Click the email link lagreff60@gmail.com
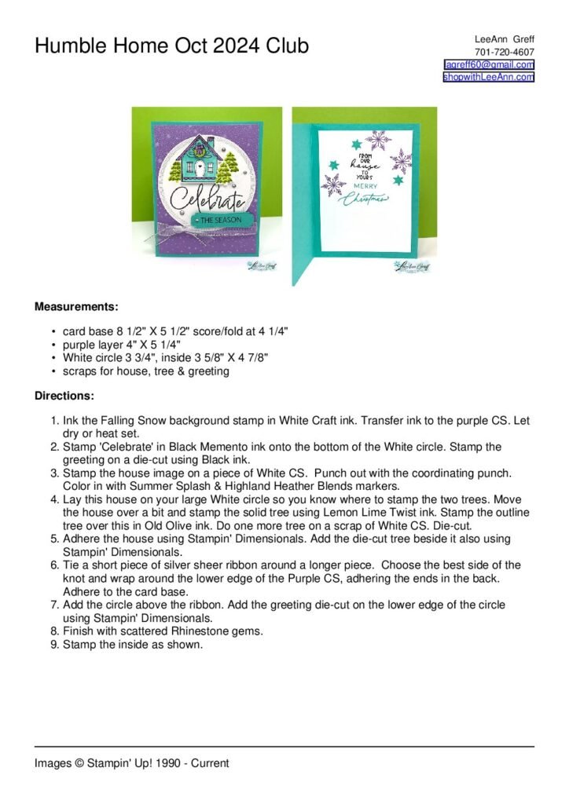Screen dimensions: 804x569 click(489, 64)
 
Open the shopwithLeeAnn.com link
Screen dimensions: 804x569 click(488, 77)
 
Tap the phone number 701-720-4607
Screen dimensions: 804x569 click(504, 52)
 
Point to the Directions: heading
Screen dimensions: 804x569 click(64, 397)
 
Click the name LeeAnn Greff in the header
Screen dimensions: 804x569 click(504, 39)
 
